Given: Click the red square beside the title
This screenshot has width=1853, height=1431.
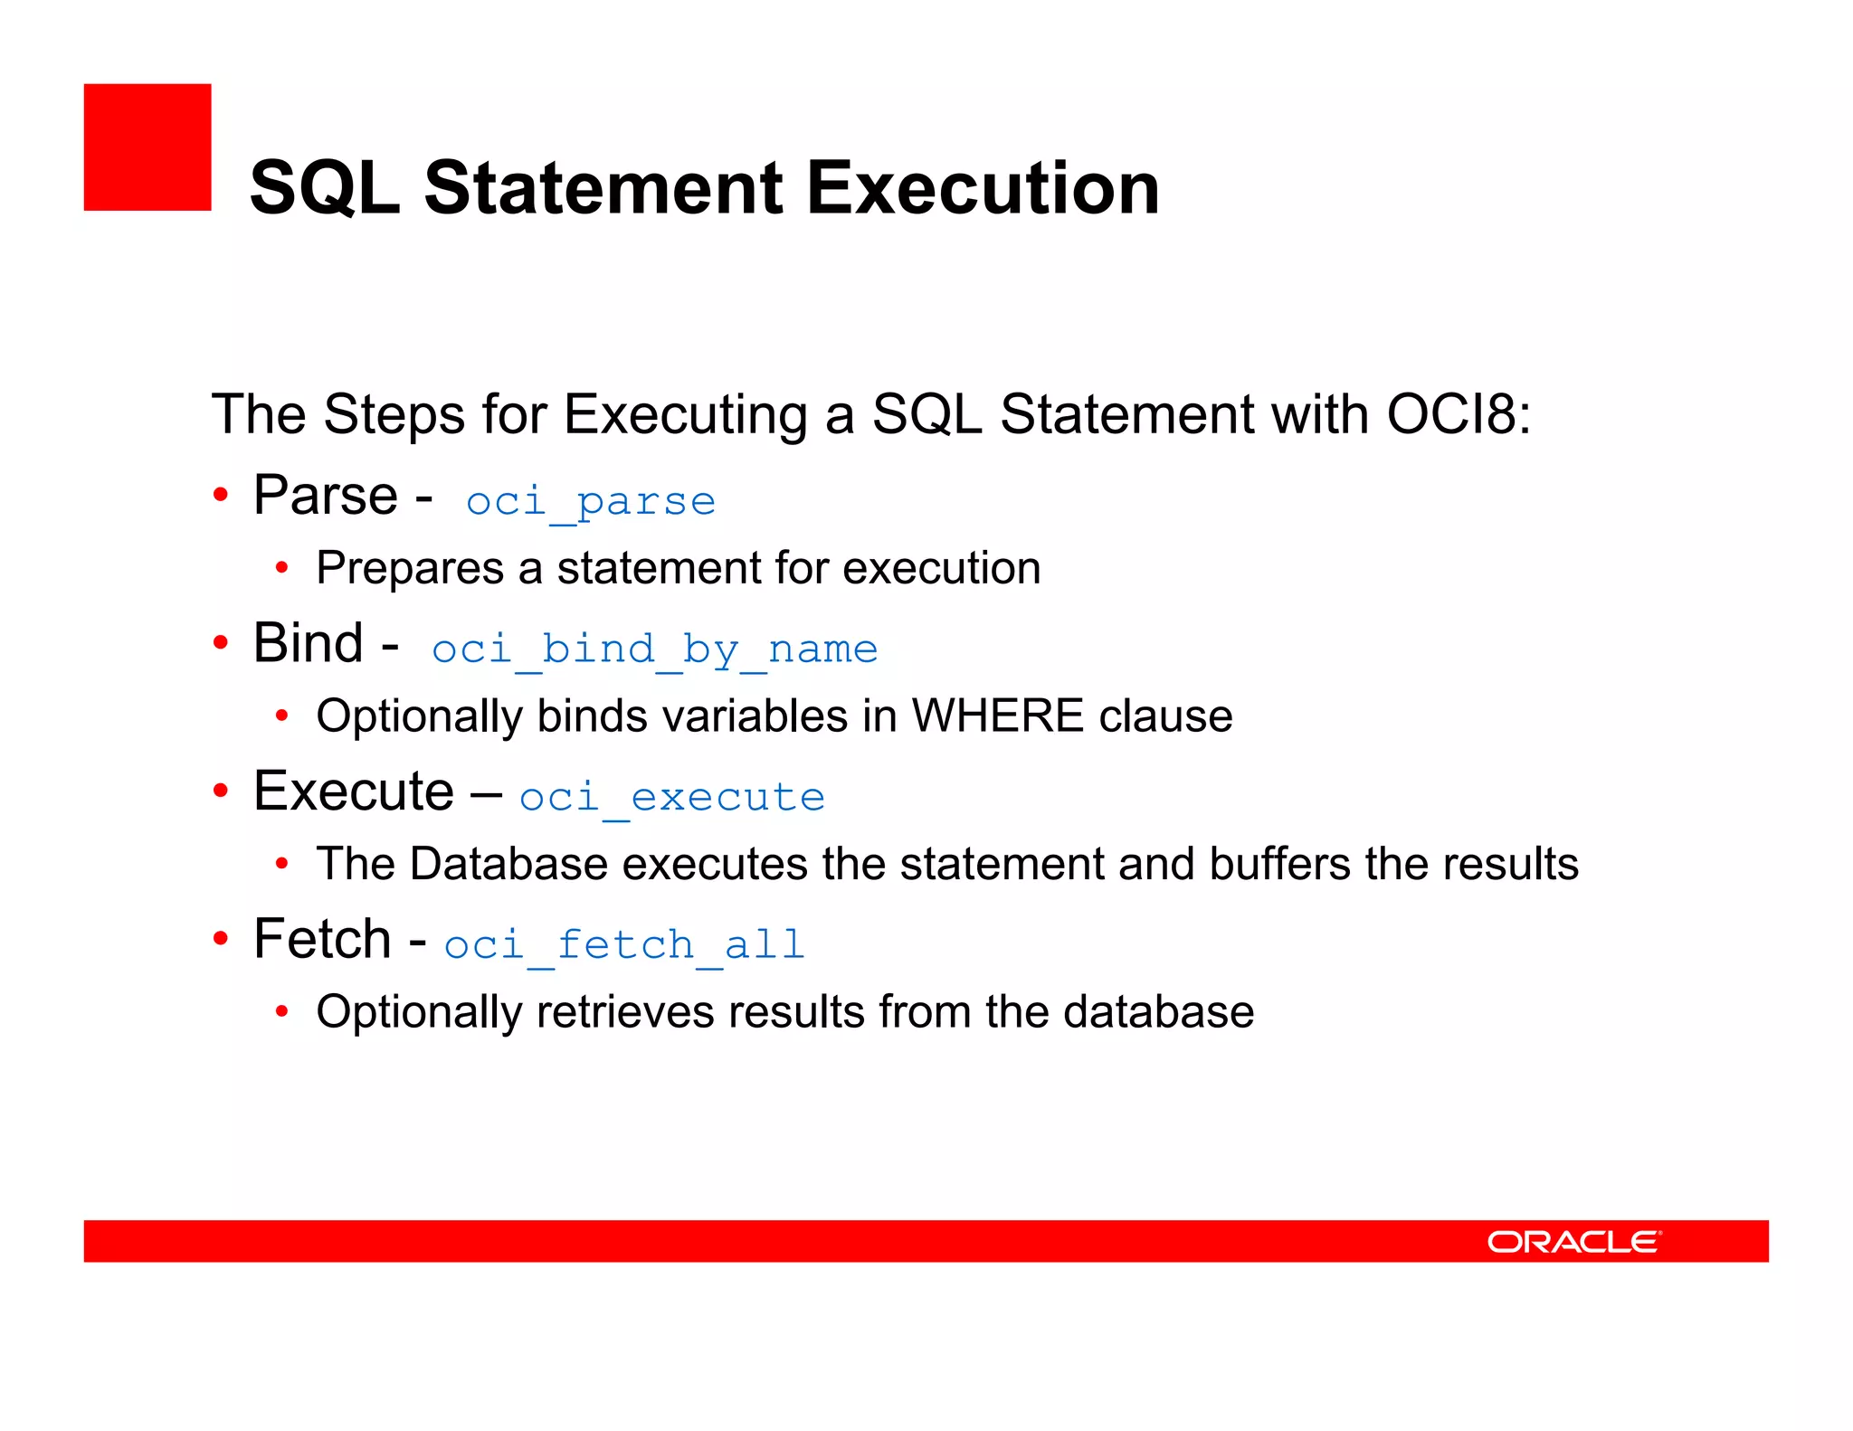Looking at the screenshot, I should [147, 147].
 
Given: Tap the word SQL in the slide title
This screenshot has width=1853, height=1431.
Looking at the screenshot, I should [325, 188].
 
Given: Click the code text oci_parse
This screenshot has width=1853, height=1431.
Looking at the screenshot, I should [590, 501].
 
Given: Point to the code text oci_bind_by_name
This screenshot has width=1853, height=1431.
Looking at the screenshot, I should [654, 649].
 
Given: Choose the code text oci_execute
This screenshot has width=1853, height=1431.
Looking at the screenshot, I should [671, 797].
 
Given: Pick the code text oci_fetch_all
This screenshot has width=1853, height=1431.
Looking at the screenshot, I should [624, 944].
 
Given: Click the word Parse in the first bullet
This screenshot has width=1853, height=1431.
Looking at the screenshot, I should [326, 496].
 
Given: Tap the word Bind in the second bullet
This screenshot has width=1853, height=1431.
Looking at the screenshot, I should [309, 643].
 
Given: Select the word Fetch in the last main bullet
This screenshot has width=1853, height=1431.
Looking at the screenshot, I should [322, 939].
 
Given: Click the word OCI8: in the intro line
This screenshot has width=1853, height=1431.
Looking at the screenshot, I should [1459, 414].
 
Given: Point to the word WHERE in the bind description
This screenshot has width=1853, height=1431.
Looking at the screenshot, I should [998, 715].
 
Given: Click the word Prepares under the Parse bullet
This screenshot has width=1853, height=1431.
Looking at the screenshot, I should [410, 568].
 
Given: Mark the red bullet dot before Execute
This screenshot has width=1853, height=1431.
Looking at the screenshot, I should [221, 791].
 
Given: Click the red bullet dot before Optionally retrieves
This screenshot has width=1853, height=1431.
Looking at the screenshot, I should [282, 1011].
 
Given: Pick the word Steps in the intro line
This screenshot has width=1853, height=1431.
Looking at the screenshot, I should [394, 414].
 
